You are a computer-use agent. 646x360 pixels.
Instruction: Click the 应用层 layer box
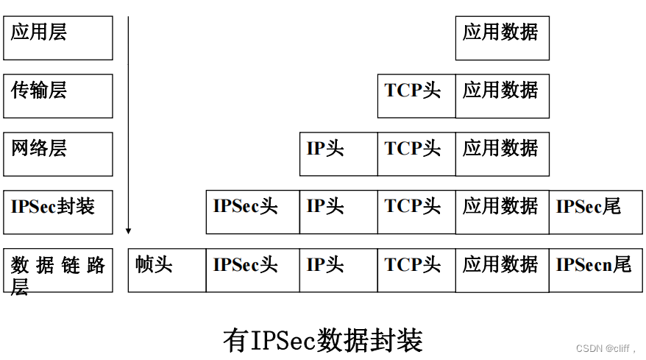[58, 38]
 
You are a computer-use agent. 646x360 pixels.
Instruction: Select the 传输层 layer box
[58, 96]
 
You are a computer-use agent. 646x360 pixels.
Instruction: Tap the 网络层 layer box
[58, 154]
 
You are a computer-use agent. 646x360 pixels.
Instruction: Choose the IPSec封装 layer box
[58, 212]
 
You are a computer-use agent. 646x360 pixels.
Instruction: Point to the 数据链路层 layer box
[58, 270]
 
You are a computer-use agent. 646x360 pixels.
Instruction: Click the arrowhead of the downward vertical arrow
[128, 230]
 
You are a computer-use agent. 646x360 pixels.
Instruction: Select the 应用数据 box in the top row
[502, 38]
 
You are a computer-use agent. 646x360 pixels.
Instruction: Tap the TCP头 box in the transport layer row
[416, 96]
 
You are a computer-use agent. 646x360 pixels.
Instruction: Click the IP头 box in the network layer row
[338, 154]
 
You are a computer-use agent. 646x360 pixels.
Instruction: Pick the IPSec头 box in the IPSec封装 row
[252, 212]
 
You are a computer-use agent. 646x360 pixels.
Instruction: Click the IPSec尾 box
[595, 212]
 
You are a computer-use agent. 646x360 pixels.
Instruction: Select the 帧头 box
[167, 270]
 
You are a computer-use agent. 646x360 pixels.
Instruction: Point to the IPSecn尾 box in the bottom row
[595, 270]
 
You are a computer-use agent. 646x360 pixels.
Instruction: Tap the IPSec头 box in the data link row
[252, 270]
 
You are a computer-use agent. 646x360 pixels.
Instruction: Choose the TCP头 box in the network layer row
[416, 154]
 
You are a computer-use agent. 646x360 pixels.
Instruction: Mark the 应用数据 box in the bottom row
[502, 270]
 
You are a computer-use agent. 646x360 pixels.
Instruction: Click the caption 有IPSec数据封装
[323, 340]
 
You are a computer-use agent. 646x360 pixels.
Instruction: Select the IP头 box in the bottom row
[338, 270]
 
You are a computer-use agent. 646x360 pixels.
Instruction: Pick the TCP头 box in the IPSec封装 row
[416, 212]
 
